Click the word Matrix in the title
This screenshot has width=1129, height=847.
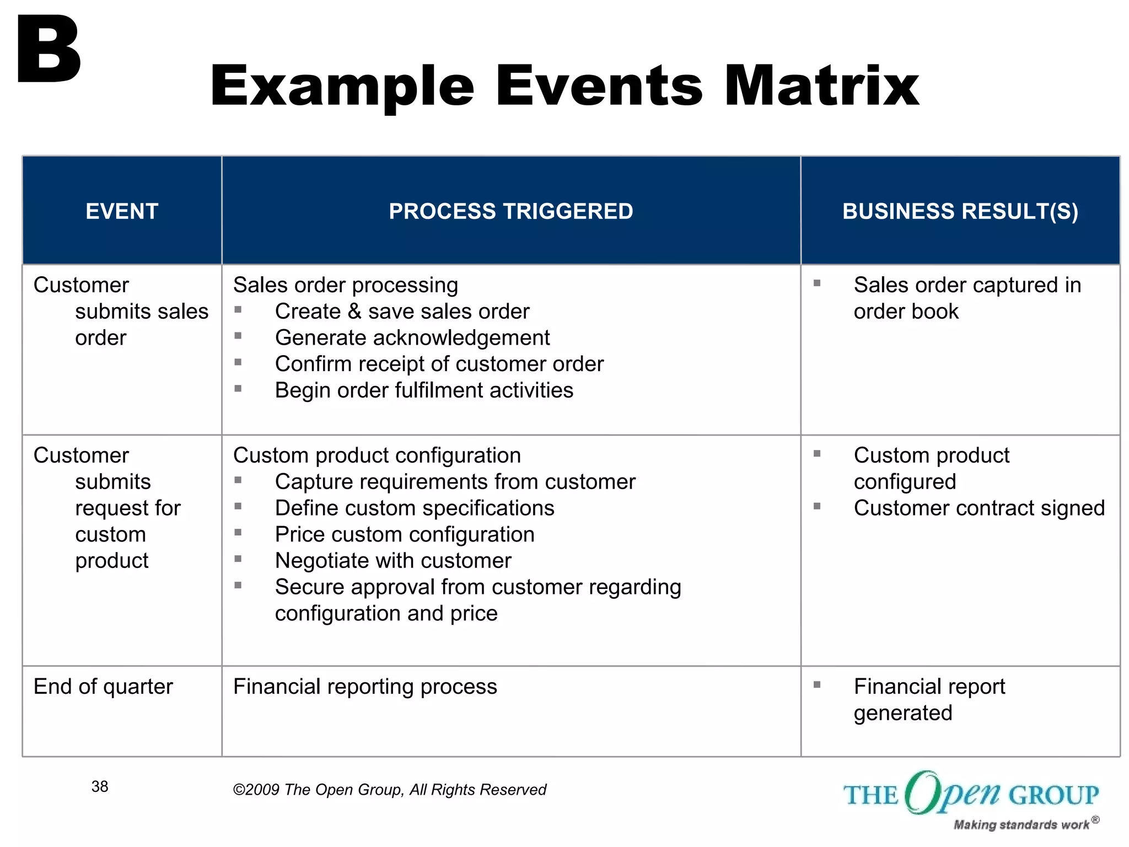pyautogui.click(x=821, y=85)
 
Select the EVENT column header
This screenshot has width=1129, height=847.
pyautogui.click(x=122, y=211)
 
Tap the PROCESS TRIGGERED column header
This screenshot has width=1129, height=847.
pyautogui.click(x=510, y=211)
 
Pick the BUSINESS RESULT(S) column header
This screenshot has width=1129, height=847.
pyautogui.click(x=960, y=211)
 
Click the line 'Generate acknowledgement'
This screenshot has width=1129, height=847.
pyautogui.click(x=412, y=337)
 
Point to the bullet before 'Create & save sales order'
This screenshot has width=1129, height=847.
pyautogui.click(x=238, y=310)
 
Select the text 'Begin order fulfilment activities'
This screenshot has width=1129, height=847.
pyautogui.click(x=424, y=390)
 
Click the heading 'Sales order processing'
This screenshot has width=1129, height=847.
pyautogui.click(x=345, y=285)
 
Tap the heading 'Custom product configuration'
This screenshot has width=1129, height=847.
pyautogui.click(x=377, y=455)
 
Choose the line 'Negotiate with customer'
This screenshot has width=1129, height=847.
pyautogui.click(x=393, y=561)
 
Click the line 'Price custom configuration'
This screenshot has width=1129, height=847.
pyautogui.click(x=405, y=534)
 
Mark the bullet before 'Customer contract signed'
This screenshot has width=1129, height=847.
pyautogui.click(x=817, y=506)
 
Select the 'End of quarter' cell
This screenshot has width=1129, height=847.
pyautogui.click(x=103, y=687)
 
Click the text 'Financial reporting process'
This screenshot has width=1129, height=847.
pyautogui.click(x=365, y=687)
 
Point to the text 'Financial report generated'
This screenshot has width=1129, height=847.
pyautogui.click(x=929, y=699)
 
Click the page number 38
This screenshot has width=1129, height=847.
pyautogui.click(x=100, y=786)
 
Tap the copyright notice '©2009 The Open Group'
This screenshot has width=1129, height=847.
pyautogui.click(x=389, y=790)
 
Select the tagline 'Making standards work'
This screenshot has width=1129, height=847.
pyautogui.click(x=1021, y=824)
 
